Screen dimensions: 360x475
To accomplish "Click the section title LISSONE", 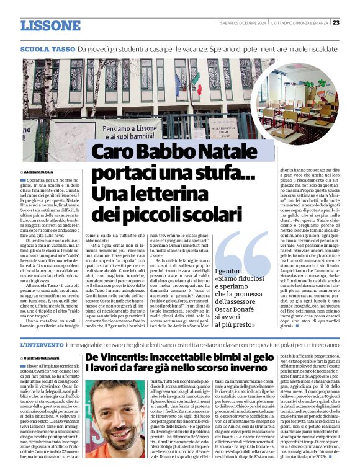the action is click(50, 25).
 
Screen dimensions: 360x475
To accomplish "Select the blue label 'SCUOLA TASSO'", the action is click(47, 48).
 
